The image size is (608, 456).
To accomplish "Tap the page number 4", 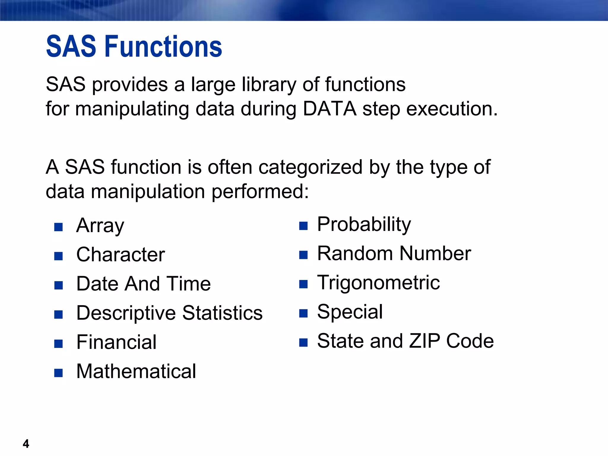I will click(26, 444).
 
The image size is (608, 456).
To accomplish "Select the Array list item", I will click(100, 226).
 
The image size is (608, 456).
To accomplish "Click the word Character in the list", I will click(120, 255).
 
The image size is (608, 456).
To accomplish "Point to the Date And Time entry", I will click(143, 284).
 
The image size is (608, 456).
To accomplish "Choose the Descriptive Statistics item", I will click(169, 313).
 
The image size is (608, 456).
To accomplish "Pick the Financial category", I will click(116, 342).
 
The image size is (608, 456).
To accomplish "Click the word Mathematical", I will click(136, 371).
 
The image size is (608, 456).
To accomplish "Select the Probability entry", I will click(364, 224).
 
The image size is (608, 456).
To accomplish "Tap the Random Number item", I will click(394, 254).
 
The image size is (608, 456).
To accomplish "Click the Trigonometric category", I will click(379, 283).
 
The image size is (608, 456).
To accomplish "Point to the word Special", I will click(350, 312).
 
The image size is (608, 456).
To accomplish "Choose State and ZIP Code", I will click(405, 341).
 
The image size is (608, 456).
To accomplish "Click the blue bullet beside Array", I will click(58, 227).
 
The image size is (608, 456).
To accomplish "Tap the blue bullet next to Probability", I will click(303, 226).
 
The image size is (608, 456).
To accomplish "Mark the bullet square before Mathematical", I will click(58, 373).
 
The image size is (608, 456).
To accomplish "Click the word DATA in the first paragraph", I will click(330, 109).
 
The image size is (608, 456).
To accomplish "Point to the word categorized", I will click(311, 167).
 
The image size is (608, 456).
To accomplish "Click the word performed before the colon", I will click(257, 192).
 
